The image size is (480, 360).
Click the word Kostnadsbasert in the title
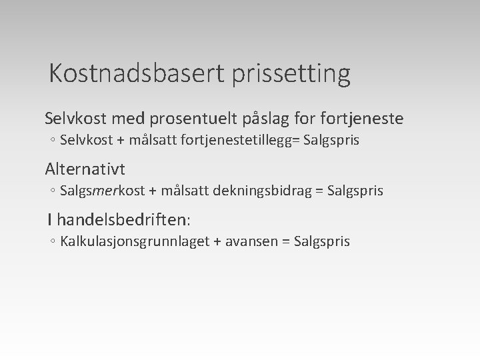click(138, 73)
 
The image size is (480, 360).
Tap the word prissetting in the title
click(291, 74)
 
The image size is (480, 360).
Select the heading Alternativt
click(85, 169)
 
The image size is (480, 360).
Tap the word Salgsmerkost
click(102, 191)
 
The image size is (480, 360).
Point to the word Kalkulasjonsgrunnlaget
click(134, 241)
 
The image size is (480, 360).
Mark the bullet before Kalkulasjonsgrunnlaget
click(52, 241)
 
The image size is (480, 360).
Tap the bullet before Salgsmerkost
click(52, 191)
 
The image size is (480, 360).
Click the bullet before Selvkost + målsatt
click(52, 141)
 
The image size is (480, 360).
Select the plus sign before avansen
click(217, 241)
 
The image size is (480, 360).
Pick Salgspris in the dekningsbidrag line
click(355, 191)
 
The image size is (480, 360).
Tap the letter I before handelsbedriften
click(49, 218)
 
